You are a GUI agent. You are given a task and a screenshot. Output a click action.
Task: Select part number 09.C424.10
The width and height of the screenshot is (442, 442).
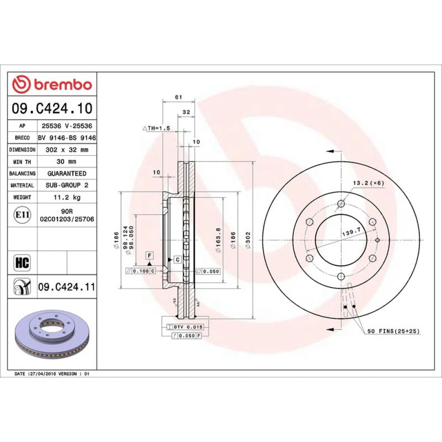point(52,108)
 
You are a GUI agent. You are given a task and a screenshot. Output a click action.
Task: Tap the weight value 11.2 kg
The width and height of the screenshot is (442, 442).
point(67,197)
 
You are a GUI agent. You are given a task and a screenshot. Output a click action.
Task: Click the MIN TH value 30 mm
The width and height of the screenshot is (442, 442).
point(66,161)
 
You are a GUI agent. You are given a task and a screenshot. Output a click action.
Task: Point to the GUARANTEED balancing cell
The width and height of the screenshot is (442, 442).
point(67,173)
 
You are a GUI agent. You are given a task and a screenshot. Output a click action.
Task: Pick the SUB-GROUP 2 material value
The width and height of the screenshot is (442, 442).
point(67,185)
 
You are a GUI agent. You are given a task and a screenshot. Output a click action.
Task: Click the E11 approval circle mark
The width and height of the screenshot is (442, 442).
point(22,215)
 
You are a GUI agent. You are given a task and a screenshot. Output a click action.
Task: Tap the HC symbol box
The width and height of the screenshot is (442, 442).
point(22,263)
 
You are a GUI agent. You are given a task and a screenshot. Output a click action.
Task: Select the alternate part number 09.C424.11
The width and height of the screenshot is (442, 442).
point(67,287)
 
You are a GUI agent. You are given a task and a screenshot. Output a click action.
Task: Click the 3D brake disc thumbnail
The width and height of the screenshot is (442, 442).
point(52,332)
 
